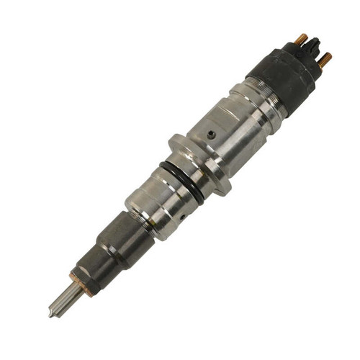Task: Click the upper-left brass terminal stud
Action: [302, 38]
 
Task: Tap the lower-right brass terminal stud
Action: [325, 59]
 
